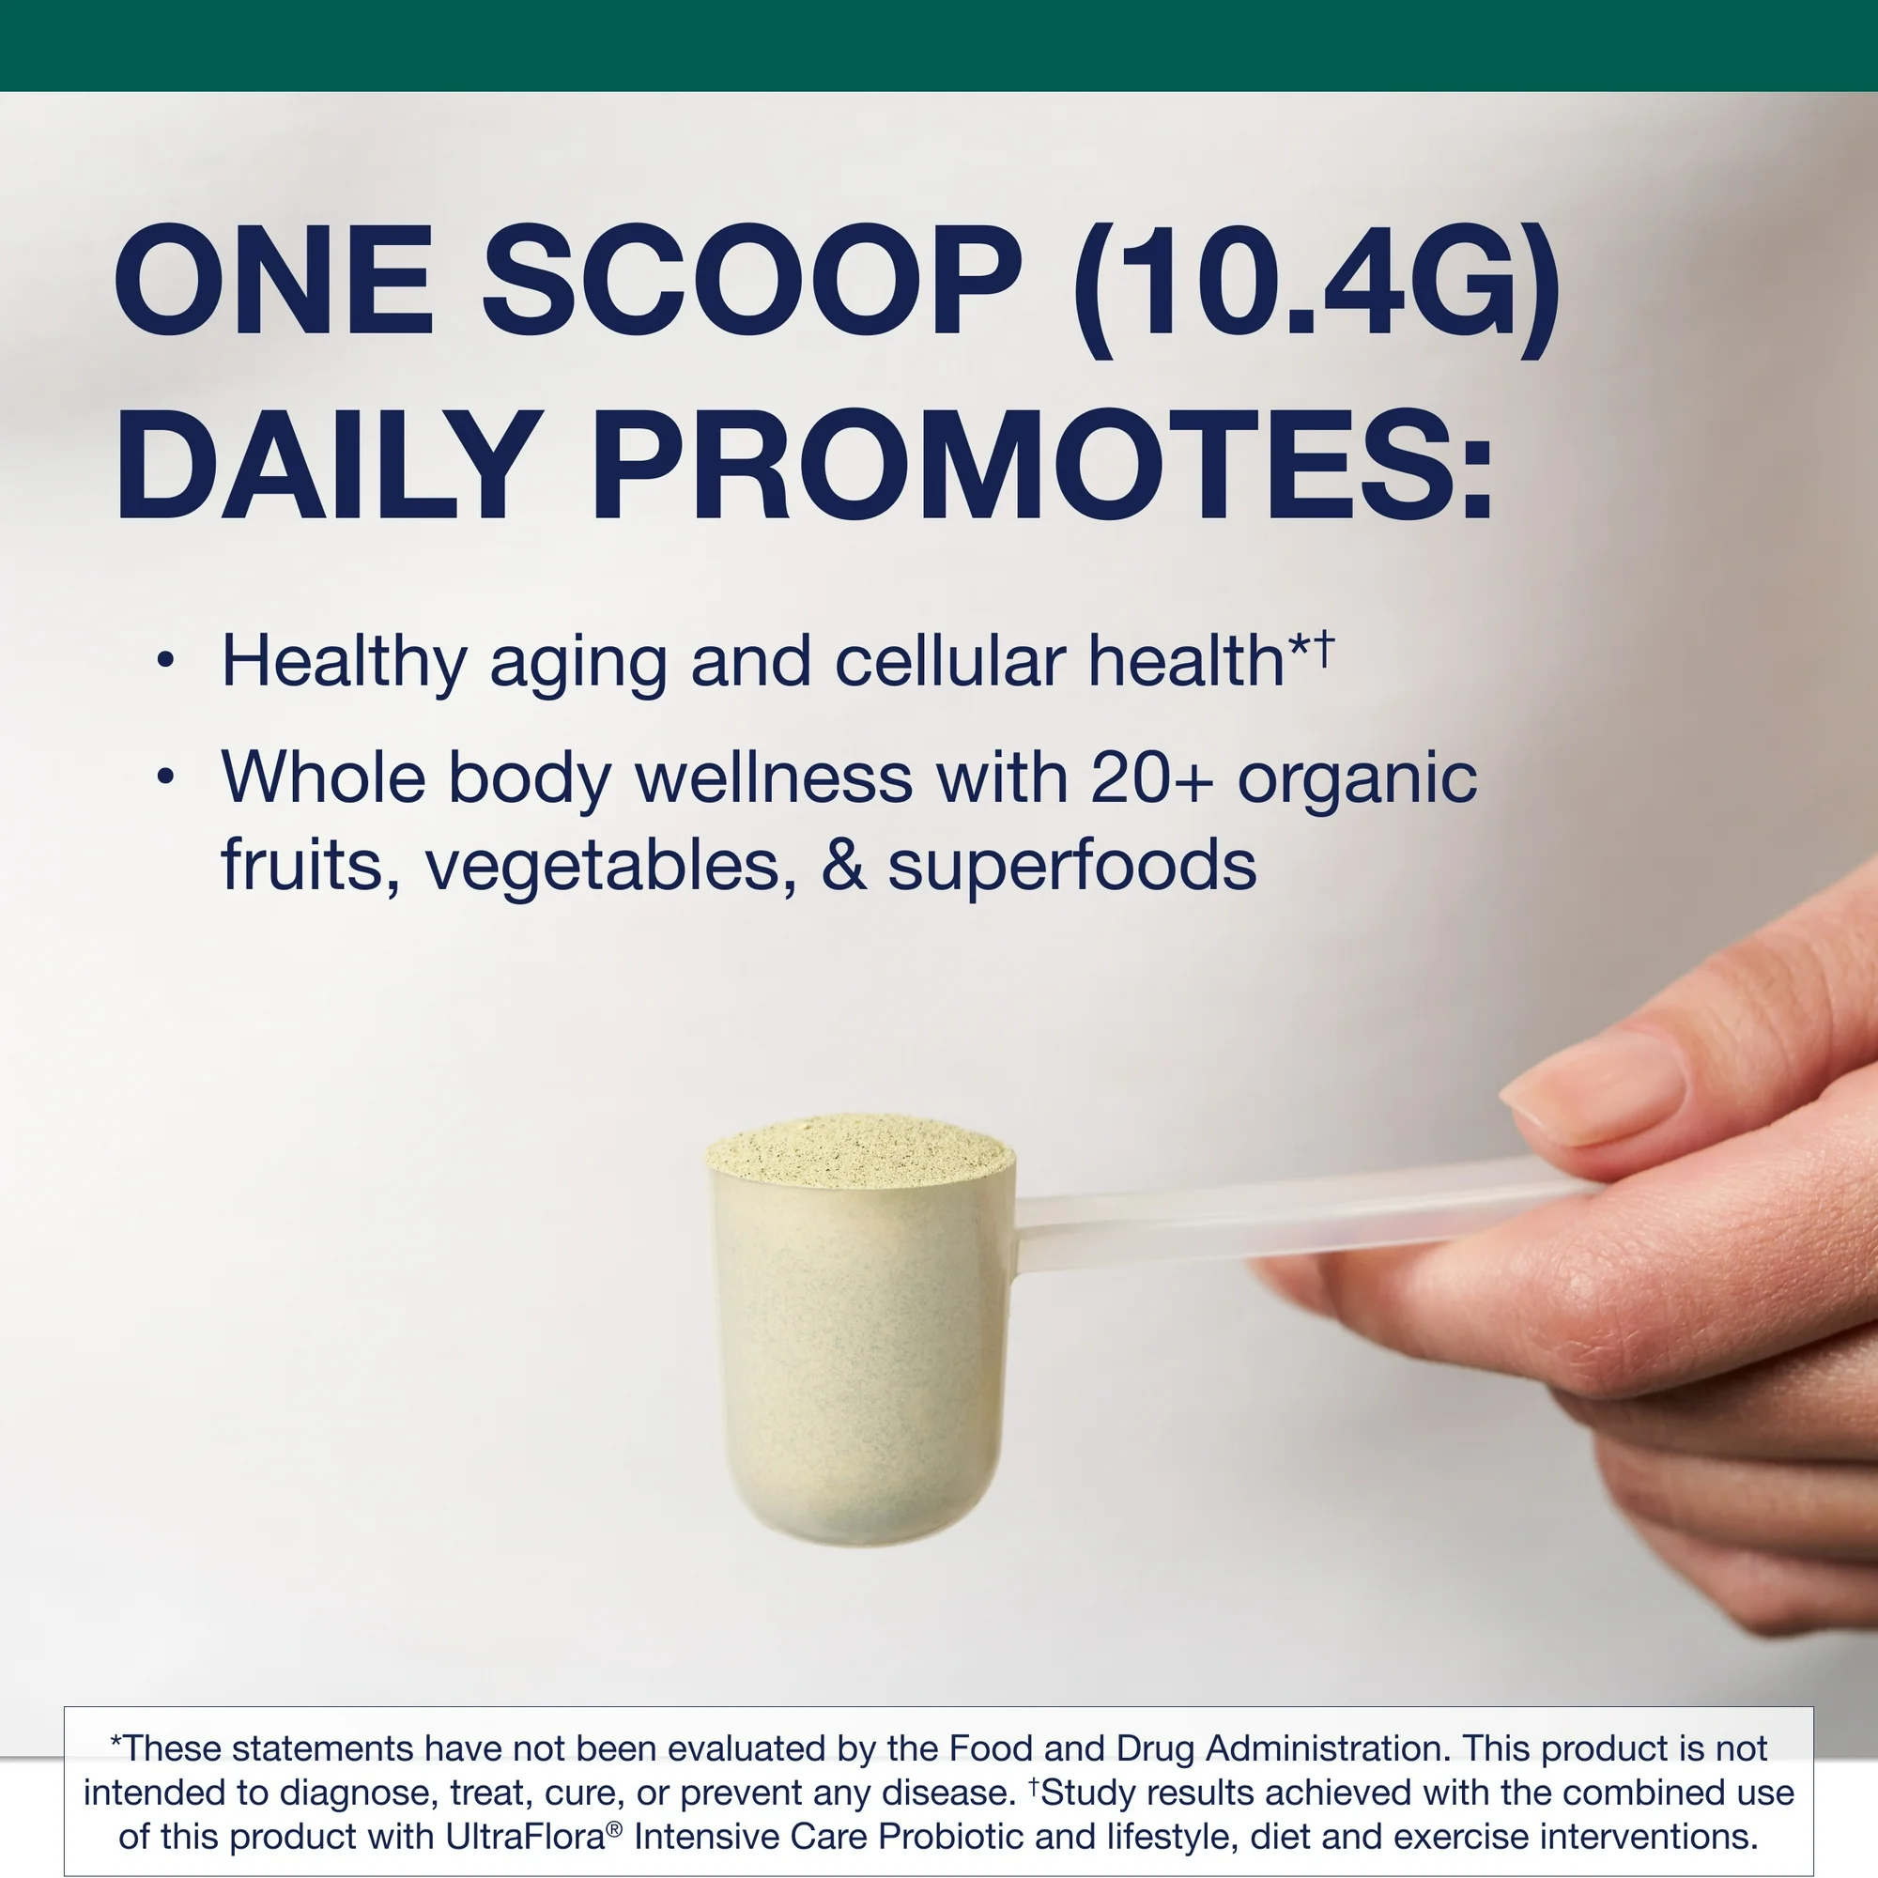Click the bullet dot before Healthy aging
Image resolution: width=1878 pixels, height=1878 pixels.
pyautogui.click(x=165, y=660)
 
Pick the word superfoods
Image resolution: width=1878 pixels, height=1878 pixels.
pyautogui.click(x=1071, y=865)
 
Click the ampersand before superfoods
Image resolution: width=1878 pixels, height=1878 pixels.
pyautogui.click(x=843, y=865)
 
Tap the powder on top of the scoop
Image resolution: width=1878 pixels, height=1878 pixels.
pyautogui.click(x=859, y=1153)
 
